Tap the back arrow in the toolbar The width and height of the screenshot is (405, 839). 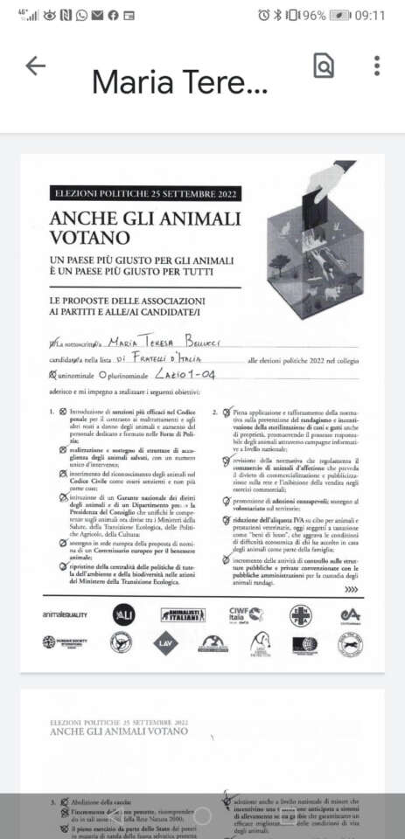[35, 66]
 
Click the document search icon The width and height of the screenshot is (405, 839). [324, 66]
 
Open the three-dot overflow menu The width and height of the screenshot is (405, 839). [376, 66]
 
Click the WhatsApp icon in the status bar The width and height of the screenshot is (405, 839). [81, 16]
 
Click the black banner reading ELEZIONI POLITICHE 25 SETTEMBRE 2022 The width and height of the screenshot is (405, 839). [145, 194]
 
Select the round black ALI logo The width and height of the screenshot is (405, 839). [123, 615]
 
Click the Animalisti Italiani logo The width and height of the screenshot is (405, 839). [183, 615]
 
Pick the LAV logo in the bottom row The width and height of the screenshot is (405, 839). [165, 645]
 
